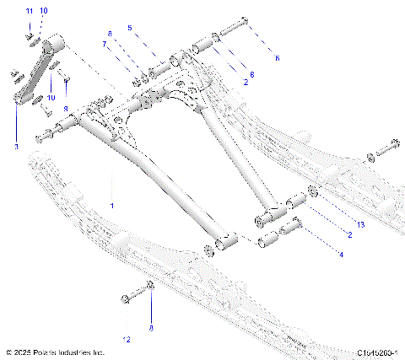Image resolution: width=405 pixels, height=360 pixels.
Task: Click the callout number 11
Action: pyautogui.click(x=28, y=11)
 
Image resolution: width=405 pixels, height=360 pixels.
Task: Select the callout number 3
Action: pyautogui.click(x=16, y=146)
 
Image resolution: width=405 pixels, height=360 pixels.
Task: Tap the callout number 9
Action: pyautogui.click(x=66, y=108)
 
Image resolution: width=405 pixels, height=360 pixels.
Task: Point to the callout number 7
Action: pyautogui.click(x=105, y=43)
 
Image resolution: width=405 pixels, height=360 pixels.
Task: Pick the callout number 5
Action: pyautogui.click(x=129, y=28)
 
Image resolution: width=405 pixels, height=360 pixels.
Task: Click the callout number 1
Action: pyautogui.click(x=111, y=205)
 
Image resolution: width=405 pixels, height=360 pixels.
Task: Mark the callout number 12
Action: pyautogui.click(x=127, y=339)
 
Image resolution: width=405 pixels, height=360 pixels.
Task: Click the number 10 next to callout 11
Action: pyautogui.click(x=44, y=11)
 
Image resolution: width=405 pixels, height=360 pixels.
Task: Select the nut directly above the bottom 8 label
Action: pyautogui.click(x=149, y=287)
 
